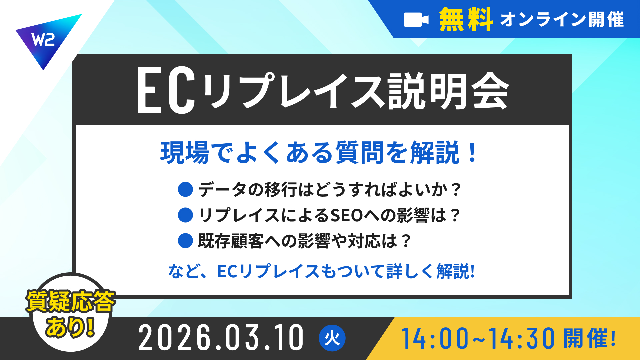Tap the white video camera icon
tap(416, 20)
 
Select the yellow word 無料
tap(466, 19)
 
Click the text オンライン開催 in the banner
tap(562, 19)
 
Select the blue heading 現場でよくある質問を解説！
tap(319, 153)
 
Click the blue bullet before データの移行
tap(185, 189)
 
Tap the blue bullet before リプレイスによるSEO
tap(185, 215)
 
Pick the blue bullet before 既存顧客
tap(185, 241)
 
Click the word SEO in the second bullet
tap(346, 215)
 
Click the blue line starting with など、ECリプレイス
tap(321, 271)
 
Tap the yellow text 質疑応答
tap(71, 301)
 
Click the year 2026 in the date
tap(175, 338)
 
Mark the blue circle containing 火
tap(332, 338)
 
